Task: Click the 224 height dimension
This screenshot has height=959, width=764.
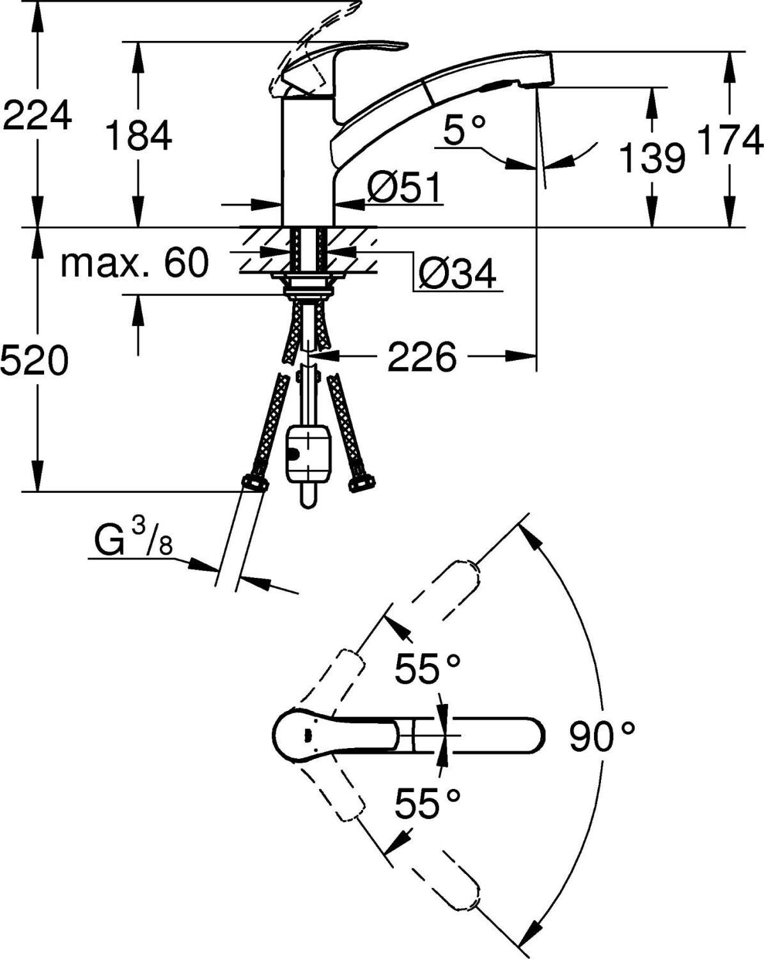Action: [x=37, y=117]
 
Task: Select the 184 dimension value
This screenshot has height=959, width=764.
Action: [x=139, y=136]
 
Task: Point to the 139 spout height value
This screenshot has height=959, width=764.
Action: [x=653, y=157]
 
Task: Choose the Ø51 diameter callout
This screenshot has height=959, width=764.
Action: [x=404, y=188]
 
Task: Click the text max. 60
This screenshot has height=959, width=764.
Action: [x=134, y=262]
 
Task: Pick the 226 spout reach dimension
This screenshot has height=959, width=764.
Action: [x=422, y=357]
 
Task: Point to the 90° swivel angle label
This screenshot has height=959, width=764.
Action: [x=602, y=737]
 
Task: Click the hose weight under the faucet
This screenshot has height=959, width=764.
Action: [x=308, y=455]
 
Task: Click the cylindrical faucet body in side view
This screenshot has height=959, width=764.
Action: [x=308, y=160]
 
